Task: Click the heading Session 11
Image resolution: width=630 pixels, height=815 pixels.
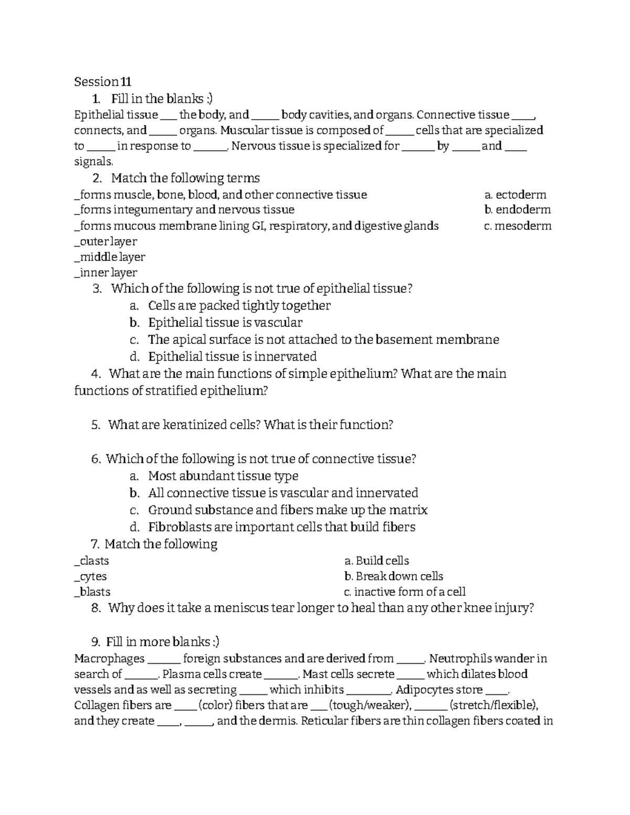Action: tap(102, 82)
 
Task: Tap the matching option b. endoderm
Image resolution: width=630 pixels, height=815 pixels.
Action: tap(518, 210)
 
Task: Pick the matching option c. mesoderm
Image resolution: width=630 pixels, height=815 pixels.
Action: tap(518, 226)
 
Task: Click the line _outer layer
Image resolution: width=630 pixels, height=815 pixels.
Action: tap(106, 241)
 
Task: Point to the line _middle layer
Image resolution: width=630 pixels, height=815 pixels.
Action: tap(110, 257)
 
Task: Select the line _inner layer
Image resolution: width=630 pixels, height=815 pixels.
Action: tap(106, 273)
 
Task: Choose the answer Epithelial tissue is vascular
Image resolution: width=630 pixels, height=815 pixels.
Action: tap(225, 323)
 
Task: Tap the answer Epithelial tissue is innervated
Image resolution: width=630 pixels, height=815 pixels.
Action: tap(232, 357)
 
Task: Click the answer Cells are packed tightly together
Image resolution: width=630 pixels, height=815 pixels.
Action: tap(239, 306)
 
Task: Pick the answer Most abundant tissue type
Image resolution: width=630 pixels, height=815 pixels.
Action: tap(223, 476)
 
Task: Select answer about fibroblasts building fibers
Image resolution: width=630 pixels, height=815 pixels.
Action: tap(281, 527)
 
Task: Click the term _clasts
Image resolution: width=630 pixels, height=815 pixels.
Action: tap(92, 560)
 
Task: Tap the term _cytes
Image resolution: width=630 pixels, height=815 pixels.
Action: tap(91, 576)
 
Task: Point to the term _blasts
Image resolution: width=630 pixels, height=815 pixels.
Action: tap(92, 592)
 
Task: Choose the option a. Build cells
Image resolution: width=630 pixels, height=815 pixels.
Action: tap(376, 560)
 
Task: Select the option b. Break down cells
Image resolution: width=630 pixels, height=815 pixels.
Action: tap(393, 576)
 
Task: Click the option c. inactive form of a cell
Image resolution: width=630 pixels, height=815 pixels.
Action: tap(404, 592)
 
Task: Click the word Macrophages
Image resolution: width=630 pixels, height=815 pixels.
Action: tap(109, 659)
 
